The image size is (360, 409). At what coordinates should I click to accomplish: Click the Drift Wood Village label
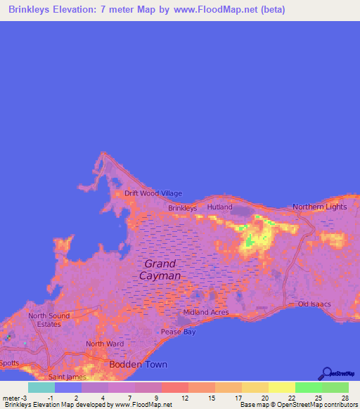pyautogui.click(x=153, y=193)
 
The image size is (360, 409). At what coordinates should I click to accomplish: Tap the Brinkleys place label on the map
pyautogui.click(x=182, y=208)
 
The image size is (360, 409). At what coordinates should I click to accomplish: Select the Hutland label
pyautogui.click(x=219, y=207)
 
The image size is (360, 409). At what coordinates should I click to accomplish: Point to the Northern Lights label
pyautogui.click(x=320, y=207)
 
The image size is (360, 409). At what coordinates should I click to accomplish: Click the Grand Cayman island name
pyautogui.click(x=160, y=270)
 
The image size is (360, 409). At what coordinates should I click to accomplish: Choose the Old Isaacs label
pyautogui.click(x=314, y=304)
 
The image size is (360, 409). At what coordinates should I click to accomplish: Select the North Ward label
pyautogui.click(x=100, y=344)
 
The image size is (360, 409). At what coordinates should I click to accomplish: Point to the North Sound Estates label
pyautogui.click(x=49, y=320)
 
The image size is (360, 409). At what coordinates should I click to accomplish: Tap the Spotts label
pyautogui.click(x=9, y=363)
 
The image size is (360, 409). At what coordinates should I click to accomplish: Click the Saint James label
pyautogui.click(x=67, y=377)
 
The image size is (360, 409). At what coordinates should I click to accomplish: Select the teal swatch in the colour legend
pyautogui.click(x=41, y=387)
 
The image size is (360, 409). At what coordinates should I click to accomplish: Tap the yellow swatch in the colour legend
pyautogui.click(x=281, y=387)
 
